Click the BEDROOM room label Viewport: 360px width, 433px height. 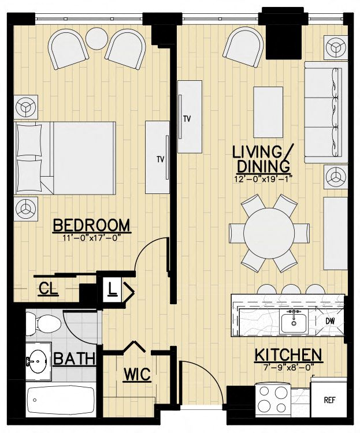point(91,225)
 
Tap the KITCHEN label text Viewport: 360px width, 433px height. point(288,354)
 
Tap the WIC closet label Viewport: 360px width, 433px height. point(138,375)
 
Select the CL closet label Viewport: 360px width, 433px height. point(49,289)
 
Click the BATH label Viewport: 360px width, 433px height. point(75,359)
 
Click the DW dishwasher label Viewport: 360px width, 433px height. point(330,320)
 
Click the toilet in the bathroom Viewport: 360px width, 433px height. point(42,325)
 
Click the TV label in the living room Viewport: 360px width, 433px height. point(187,120)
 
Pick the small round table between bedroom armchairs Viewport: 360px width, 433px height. point(97,39)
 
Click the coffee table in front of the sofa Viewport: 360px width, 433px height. point(268,104)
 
